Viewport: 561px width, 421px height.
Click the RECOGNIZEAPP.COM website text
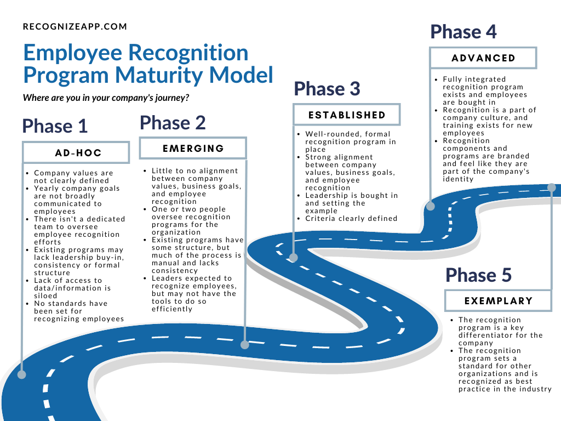(75, 26)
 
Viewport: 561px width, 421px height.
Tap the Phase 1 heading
(55, 126)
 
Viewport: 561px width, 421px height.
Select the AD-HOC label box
(76, 153)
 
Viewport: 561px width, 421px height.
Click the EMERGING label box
(193, 149)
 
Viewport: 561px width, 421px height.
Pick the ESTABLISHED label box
(347, 115)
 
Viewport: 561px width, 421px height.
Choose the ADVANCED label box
(483, 58)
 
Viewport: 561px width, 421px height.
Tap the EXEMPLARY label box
(498, 301)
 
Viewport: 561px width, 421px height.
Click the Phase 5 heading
(478, 275)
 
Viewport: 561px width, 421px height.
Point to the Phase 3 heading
(327, 89)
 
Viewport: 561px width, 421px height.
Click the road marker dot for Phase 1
(21, 375)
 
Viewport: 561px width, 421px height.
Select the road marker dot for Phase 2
(245, 345)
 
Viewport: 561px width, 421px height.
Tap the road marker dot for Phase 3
(294, 258)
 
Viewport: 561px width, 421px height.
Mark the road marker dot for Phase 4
(431, 207)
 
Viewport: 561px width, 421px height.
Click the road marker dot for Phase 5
(551, 187)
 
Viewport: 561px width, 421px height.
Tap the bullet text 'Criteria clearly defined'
(351, 219)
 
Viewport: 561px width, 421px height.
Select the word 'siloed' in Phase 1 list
(46, 296)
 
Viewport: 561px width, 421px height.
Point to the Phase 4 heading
(463, 32)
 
